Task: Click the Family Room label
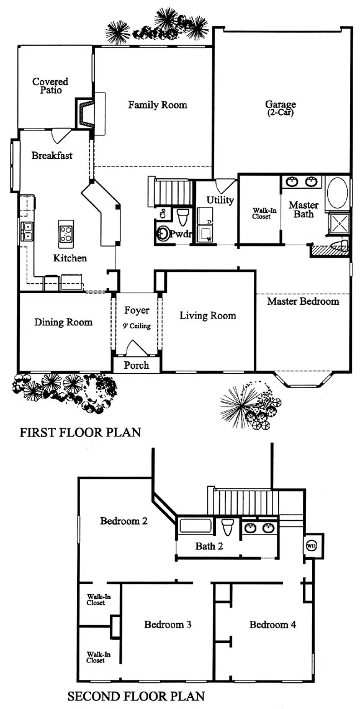pyautogui.click(x=158, y=105)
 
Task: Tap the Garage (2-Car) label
pyautogui.click(x=280, y=108)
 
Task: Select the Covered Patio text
pyautogui.click(x=51, y=86)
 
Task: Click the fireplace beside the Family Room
pyautogui.click(x=84, y=114)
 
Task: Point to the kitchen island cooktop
pyautogui.click(x=66, y=231)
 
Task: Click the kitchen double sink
pyautogui.click(x=26, y=230)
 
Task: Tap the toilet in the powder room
pyautogui.click(x=183, y=217)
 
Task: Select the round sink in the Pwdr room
pyautogui.click(x=163, y=234)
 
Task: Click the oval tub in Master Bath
pyautogui.click(x=337, y=192)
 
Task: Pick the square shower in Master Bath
pyautogui.click(x=338, y=223)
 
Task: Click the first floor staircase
pyautogui.click(x=171, y=192)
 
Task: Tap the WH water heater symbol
pyautogui.click(x=311, y=545)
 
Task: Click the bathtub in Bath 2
pyautogui.click(x=196, y=526)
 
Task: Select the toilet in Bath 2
pyautogui.click(x=227, y=527)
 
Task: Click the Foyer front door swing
pyautogui.click(x=136, y=348)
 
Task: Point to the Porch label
pyautogui.click(x=136, y=365)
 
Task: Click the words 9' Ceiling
pyautogui.click(x=137, y=325)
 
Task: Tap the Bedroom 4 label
pyautogui.click(x=272, y=625)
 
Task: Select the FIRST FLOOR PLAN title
pyautogui.click(x=80, y=432)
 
